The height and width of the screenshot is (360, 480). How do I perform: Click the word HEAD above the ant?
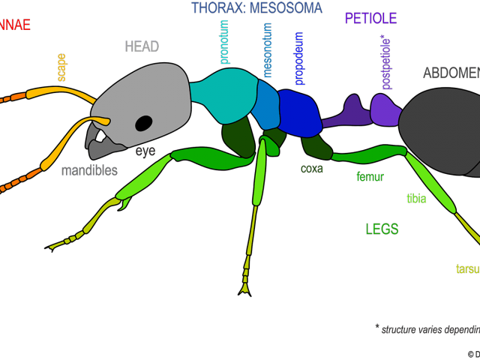pyautogui.click(x=142, y=46)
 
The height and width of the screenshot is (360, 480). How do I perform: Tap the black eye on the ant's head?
pyautogui.click(x=143, y=123)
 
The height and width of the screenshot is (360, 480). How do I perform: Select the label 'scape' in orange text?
pyautogui.click(x=61, y=67)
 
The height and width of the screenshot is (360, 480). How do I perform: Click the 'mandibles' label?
pyautogui.click(x=89, y=170)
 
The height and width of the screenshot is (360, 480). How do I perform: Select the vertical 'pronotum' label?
pyautogui.click(x=224, y=42)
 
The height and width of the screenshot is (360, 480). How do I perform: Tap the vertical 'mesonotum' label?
pyautogui.click(x=268, y=50)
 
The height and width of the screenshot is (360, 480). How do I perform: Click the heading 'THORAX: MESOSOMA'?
pyautogui.click(x=256, y=8)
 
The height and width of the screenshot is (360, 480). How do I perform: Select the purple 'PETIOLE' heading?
pyautogui.click(x=370, y=18)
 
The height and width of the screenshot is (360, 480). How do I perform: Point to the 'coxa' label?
pyautogui.click(x=311, y=169)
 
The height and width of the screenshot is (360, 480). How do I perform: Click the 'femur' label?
pyautogui.click(x=370, y=178)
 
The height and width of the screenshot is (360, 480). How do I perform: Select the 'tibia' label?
pyautogui.click(x=416, y=199)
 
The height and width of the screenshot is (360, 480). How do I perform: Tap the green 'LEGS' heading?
pyautogui.click(x=382, y=229)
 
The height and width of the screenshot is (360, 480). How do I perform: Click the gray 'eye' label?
pyautogui.click(x=145, y=151)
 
